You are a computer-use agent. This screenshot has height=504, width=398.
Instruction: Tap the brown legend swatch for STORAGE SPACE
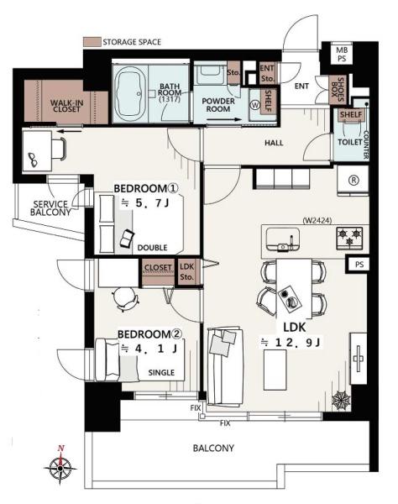(92, 42)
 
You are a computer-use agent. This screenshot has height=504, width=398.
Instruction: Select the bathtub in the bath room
(130, 93)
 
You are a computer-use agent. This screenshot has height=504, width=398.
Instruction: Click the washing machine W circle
(255, 105)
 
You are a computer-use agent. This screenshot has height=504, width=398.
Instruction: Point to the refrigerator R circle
(353, 180)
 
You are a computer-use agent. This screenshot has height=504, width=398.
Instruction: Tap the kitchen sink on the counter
(283, 239)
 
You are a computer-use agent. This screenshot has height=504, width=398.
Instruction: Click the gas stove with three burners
(349, 238)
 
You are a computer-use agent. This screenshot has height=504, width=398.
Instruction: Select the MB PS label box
(341, 55)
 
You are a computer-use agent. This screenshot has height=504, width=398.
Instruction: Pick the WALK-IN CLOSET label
(67, 106)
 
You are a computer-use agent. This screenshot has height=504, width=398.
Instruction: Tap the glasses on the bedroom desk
(33, 160)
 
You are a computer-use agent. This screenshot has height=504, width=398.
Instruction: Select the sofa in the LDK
(225, 367)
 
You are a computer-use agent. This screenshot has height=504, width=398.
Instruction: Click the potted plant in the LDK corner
(341, 400)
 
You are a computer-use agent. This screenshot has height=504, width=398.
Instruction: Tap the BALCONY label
(213, 448)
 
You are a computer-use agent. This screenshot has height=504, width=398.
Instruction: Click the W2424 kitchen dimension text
(317, 220)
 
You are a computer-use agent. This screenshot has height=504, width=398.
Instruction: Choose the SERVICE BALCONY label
(50, 208)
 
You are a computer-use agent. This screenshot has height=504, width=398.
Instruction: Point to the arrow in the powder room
(223, 119)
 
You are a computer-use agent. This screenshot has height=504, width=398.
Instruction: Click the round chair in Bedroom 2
(125, 299)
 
